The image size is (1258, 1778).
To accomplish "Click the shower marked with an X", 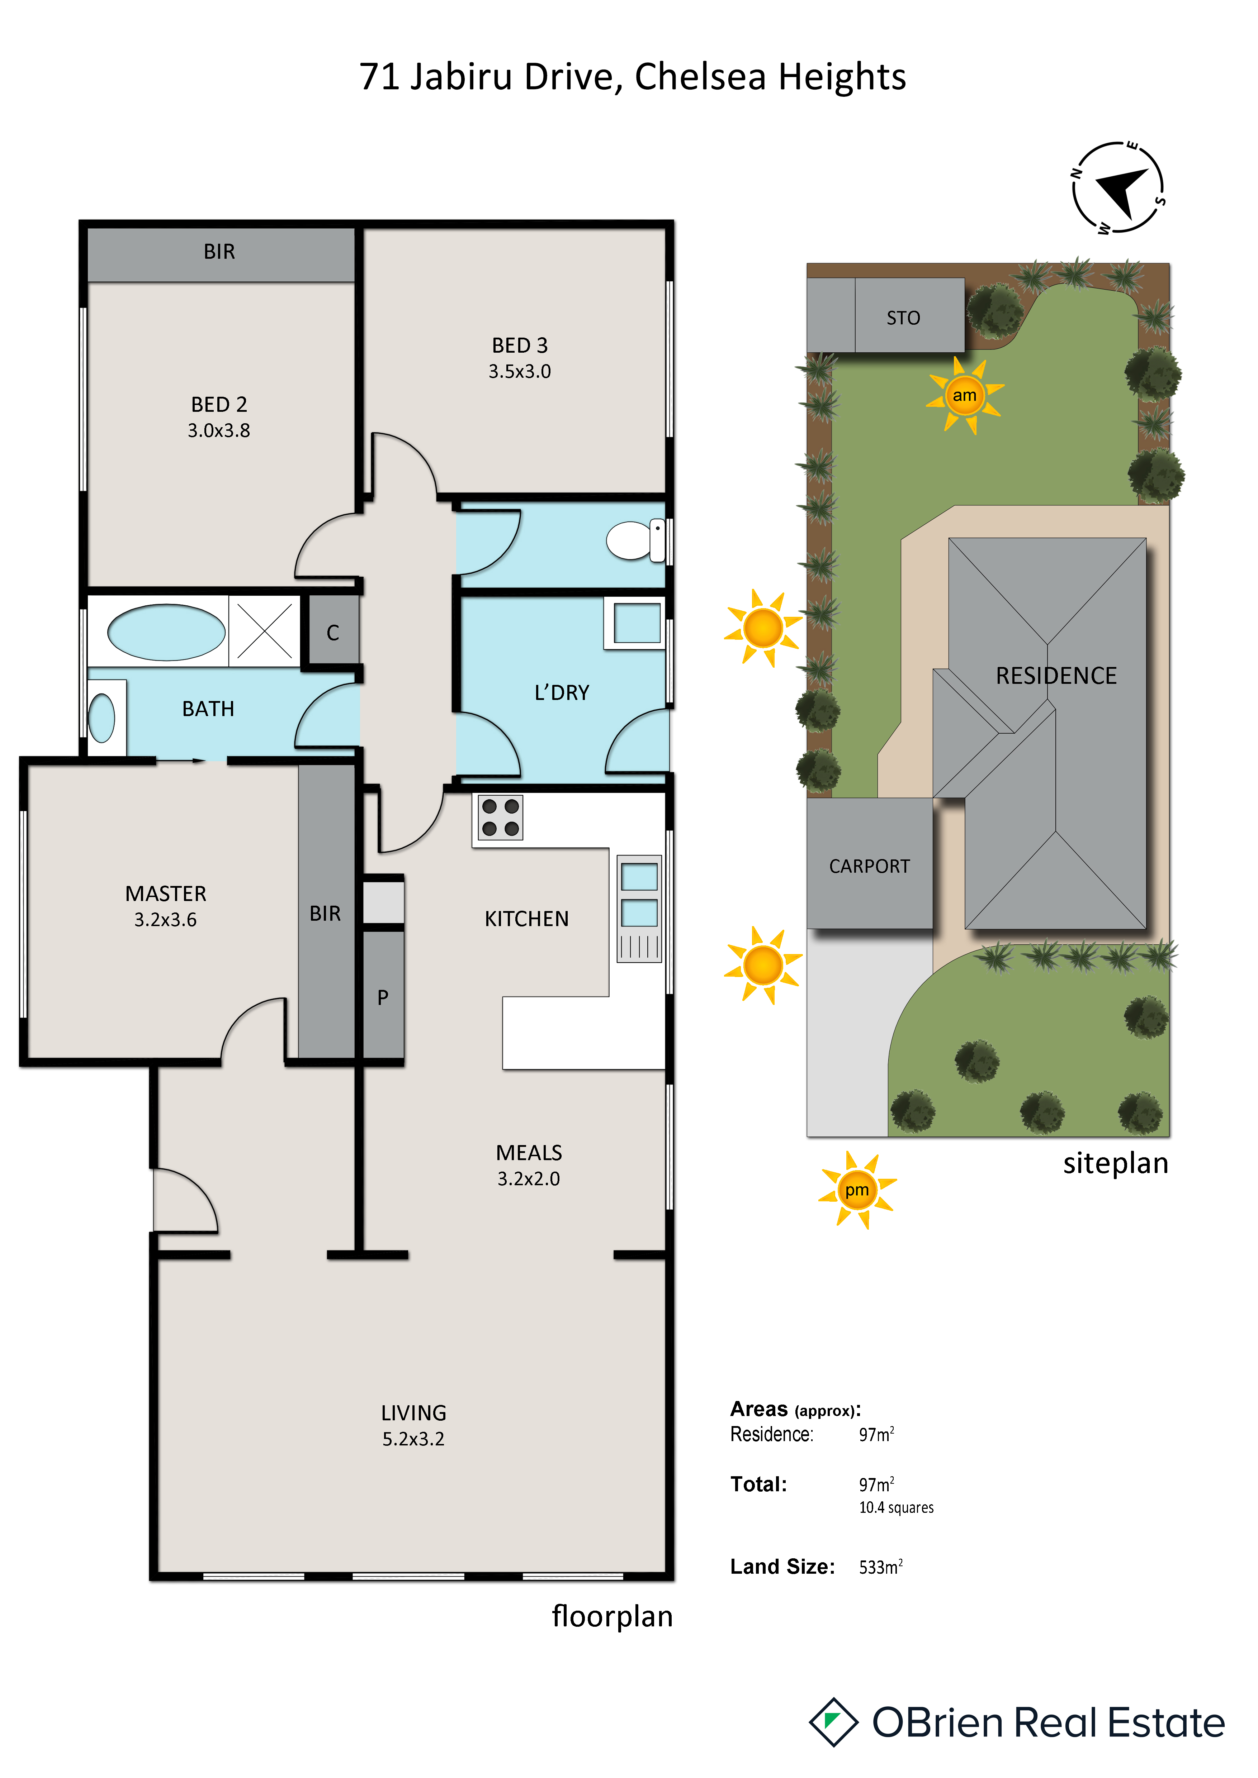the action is [264, 631].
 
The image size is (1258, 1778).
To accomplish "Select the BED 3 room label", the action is [520, 358].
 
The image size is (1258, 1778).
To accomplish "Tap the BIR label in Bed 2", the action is [219, 252].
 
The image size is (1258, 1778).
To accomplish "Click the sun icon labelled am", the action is [964, 396].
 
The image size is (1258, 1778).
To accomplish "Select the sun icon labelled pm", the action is [857, 1190].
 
